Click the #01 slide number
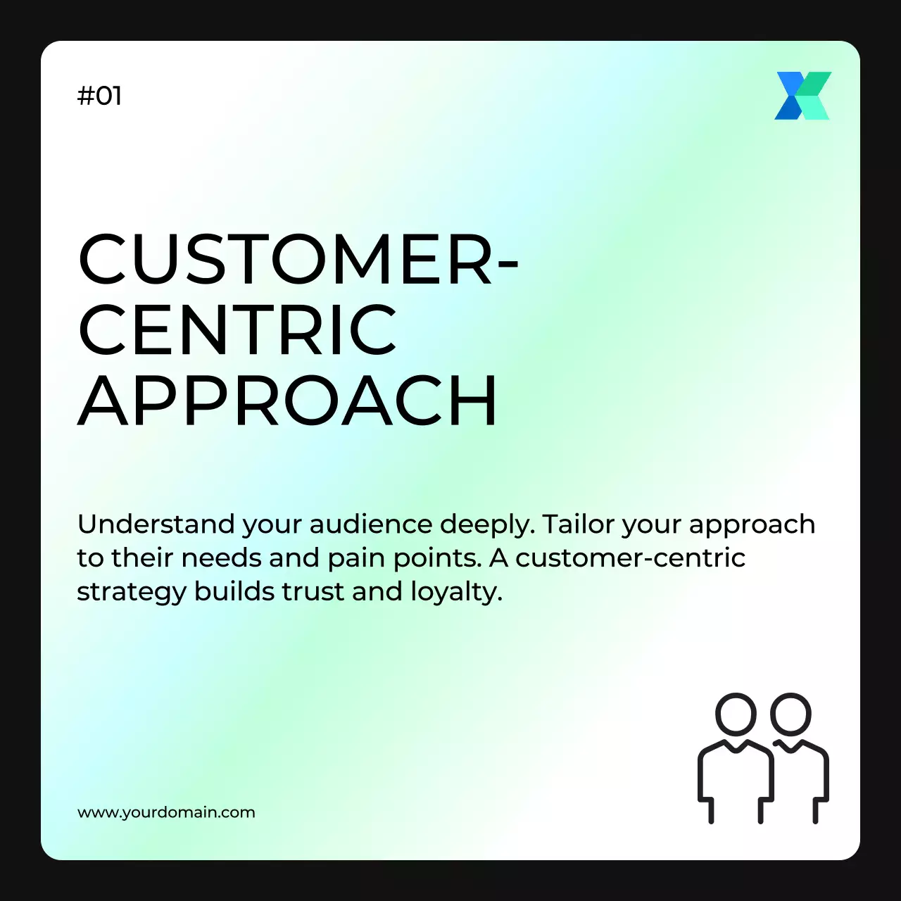99,96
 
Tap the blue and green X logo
802,96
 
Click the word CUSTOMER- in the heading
298,260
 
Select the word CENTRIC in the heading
237,329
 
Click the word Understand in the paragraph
156,524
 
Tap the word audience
370,524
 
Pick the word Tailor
576,524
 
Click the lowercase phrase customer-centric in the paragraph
630,558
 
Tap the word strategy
131,593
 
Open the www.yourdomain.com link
166,812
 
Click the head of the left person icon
736,714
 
